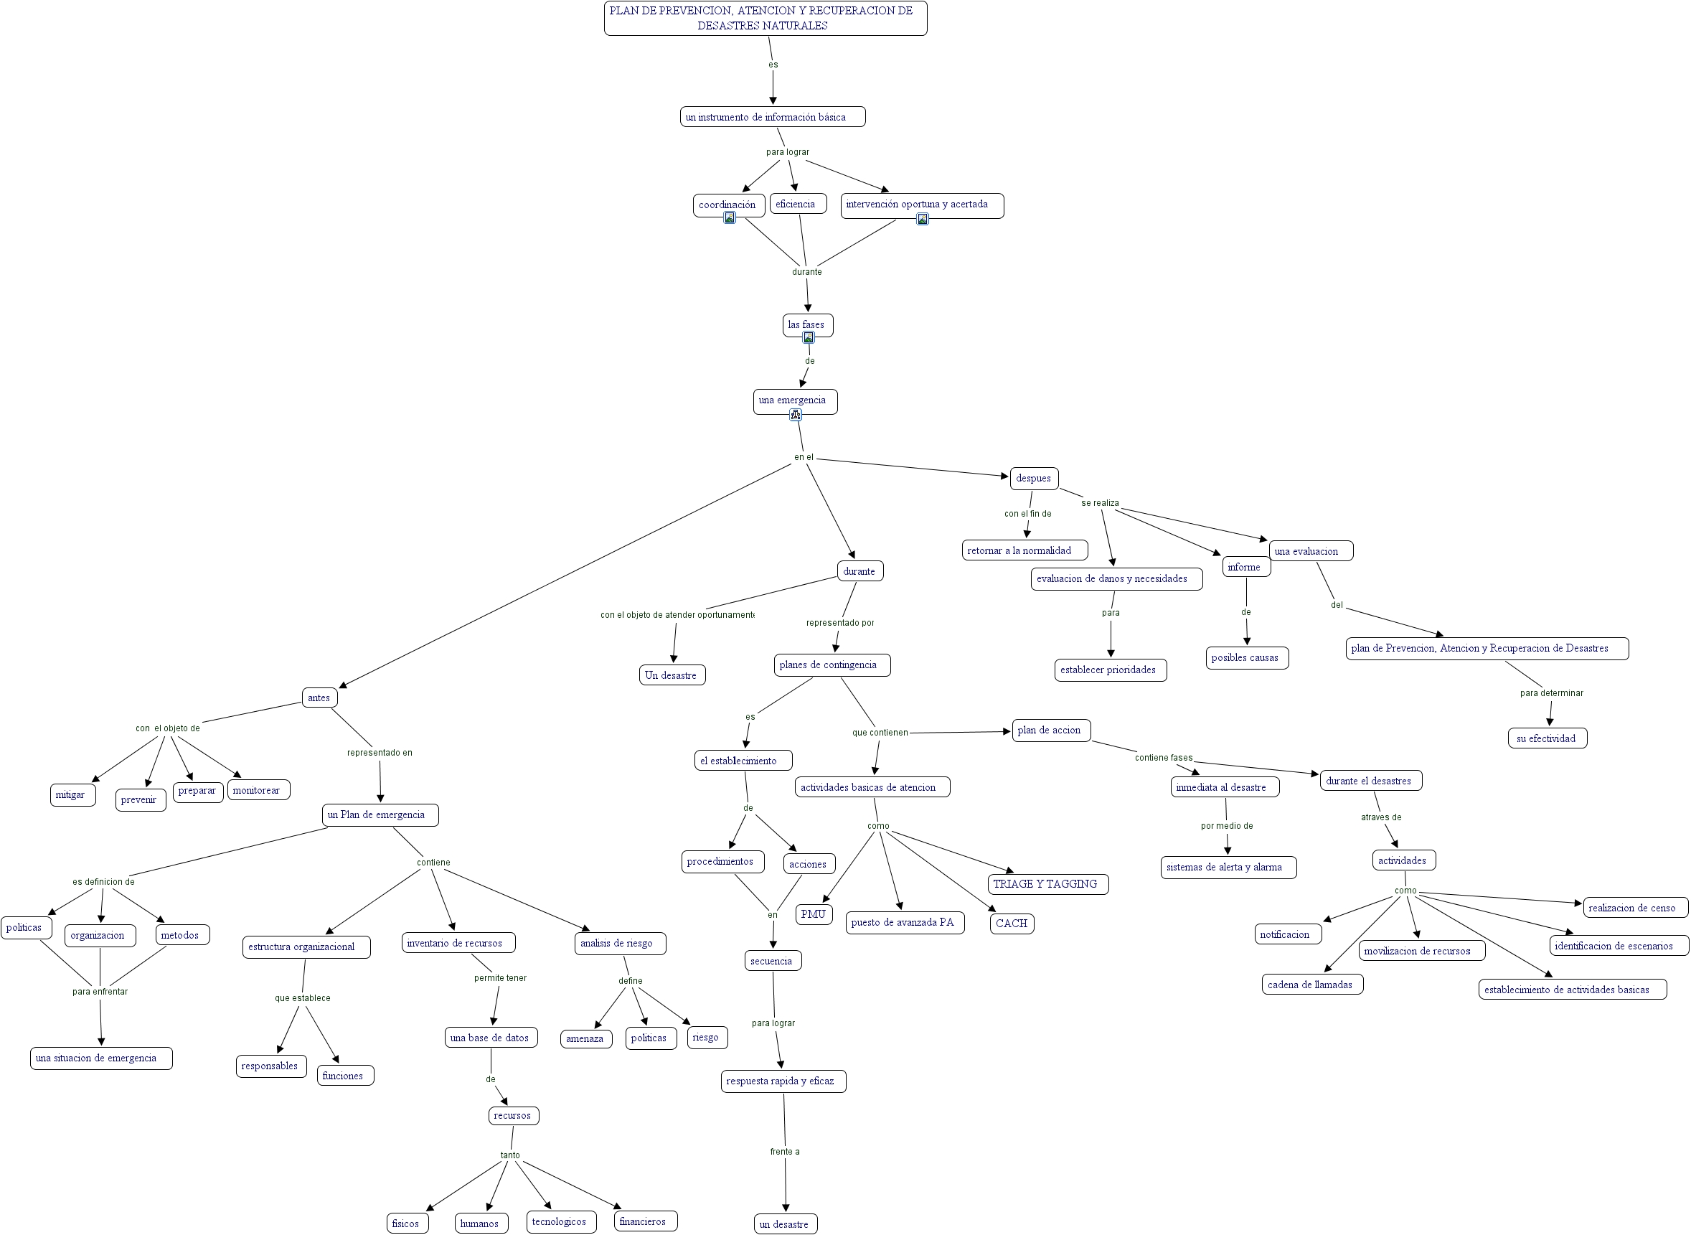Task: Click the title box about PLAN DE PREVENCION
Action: [x=766, y=18]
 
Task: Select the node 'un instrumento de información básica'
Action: [x=773, y=117]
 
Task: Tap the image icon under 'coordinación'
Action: [x=730, y=217]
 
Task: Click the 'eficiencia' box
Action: [x=797, y=204]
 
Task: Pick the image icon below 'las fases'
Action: [x=808, y=338]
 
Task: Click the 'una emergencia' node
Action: [x=794, y=400]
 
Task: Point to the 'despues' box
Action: [x=1033, y=479]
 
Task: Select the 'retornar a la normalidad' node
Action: [x=1024, y=551]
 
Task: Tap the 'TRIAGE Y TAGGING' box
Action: [x=1047, y=884]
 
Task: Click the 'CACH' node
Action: [x=1012, y=924]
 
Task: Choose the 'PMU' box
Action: [x=813, y=914]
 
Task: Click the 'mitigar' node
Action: [x=72, y=794]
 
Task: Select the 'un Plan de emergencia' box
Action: [x=380, y=815]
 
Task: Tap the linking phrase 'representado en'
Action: [x=380, y=753]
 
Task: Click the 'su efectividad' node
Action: [x=1547, y=738]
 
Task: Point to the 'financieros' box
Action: [x=646, y=1221]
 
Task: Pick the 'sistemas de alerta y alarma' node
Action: [x=1228, y=867]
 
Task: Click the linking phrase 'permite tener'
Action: [x=500, y=978]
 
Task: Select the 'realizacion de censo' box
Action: [x=1634, y=908]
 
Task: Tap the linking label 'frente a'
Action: [x=785, y=1152]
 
